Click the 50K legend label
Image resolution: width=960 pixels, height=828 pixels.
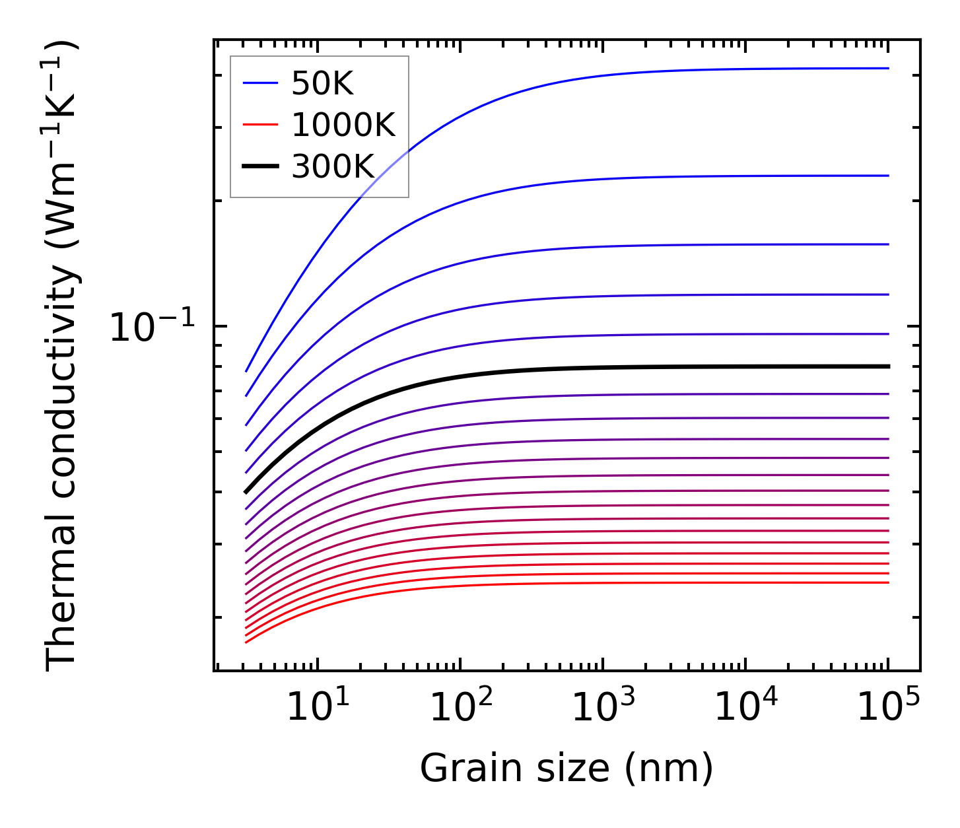click(323, 84)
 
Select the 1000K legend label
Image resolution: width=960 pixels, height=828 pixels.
click(343, 125)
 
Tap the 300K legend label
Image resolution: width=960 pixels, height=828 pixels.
click(333, 167)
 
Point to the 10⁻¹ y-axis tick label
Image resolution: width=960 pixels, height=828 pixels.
click(153, 328)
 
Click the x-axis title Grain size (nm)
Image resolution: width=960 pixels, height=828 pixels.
click(566, 769)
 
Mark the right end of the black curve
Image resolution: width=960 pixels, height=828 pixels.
click(889, 366)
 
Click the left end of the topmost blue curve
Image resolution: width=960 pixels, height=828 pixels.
click(246, 371)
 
